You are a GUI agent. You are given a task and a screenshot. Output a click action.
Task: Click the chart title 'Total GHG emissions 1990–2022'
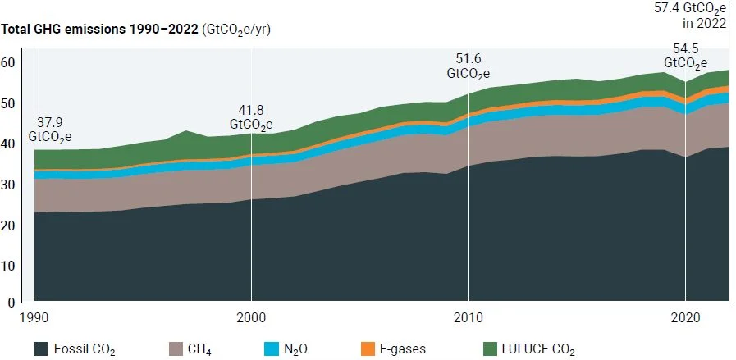click(100, 30)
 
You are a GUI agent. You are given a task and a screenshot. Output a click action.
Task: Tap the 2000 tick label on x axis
click(251, 317)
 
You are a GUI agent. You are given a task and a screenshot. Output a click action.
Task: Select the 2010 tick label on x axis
click(468, 317)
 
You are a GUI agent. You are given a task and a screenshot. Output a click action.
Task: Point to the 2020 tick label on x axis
click(685, 317)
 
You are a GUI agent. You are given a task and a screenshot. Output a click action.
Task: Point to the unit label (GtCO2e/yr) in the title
click(236, 30)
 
